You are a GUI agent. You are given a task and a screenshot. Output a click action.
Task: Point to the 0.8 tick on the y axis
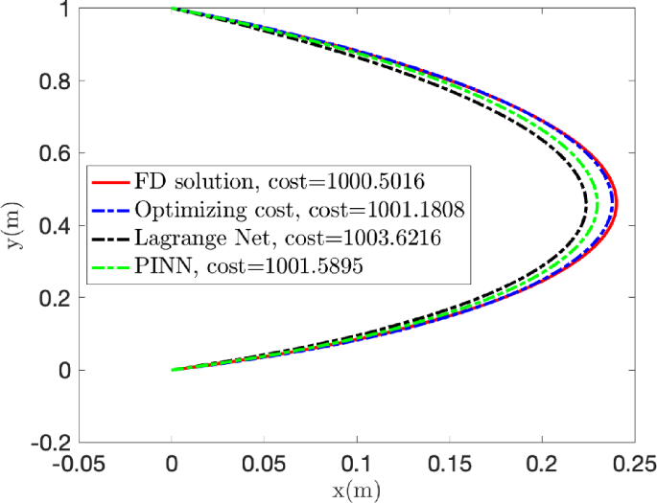[52, 81]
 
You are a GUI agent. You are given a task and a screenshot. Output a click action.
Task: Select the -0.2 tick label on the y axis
[48, 443]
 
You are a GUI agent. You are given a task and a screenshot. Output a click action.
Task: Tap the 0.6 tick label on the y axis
[52, 153]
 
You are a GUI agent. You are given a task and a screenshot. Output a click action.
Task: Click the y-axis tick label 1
[61, 10]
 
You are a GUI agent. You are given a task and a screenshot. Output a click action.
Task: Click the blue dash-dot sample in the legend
[109, 209]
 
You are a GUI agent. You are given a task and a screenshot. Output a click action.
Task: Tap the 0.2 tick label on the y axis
[52, 298]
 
